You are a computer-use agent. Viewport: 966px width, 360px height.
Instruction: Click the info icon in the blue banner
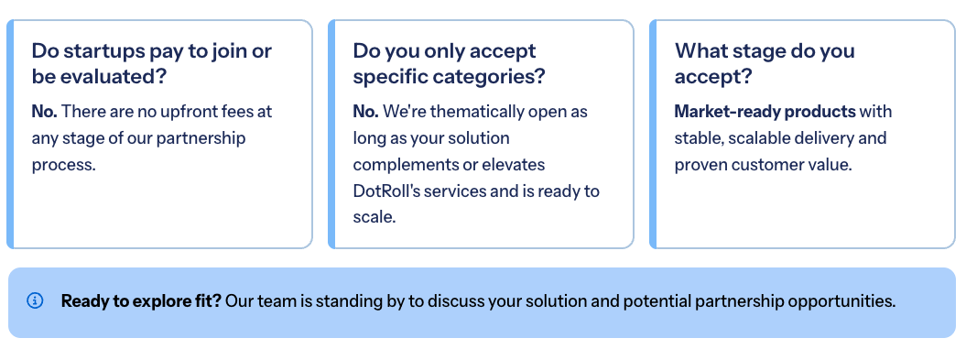tap(35, 300)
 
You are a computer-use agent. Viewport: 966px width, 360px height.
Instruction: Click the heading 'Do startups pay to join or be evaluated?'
tap(152, 63)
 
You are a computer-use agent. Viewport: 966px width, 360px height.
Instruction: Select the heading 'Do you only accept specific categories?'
tap(449, 63)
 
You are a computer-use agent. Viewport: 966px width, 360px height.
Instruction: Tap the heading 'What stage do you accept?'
tap(765, 63)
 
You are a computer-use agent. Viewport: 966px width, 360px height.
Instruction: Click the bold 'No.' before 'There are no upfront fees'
tap(44, 112)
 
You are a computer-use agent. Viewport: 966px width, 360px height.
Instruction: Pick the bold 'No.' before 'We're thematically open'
tap(366, 112)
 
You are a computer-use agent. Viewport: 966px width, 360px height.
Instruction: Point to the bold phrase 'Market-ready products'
tap(765, 112)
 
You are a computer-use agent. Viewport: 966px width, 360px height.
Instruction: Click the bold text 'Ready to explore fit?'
tap(141, 301)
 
